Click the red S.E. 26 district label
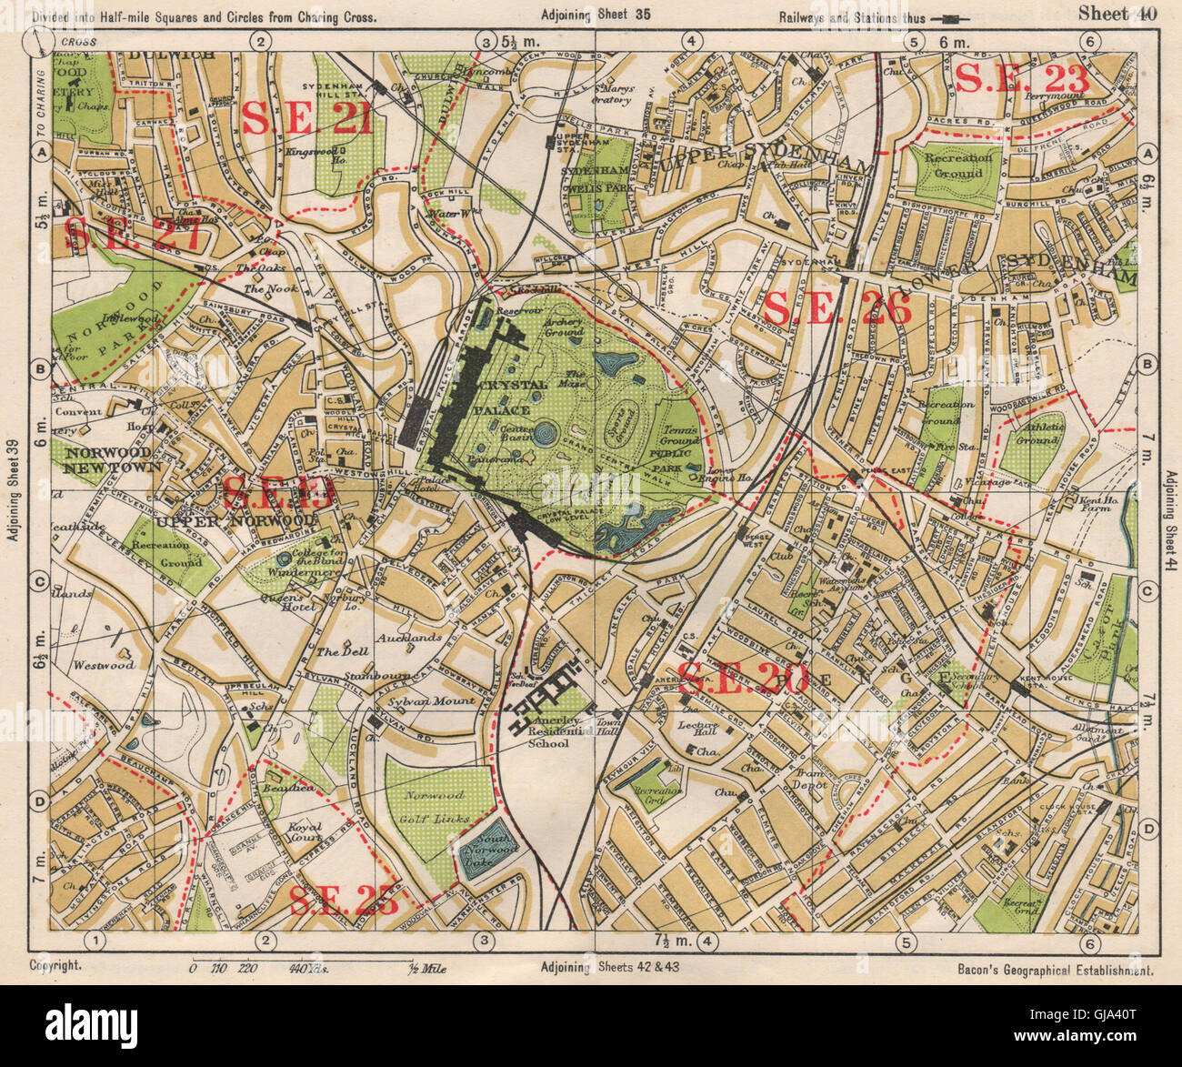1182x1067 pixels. pos(837,309)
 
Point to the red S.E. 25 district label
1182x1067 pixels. pos(343,901)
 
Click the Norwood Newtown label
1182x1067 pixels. pos(106,459)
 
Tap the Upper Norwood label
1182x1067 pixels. pos(234,521)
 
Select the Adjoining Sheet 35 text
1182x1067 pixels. pos(596,15)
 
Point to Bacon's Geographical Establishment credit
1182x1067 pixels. pos(1055,971)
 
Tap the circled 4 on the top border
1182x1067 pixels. pos(692,40)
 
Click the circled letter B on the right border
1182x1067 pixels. pos(1147,366)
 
